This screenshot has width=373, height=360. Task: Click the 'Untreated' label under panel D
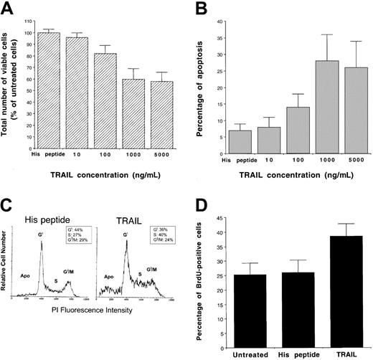[x=245, y=344]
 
